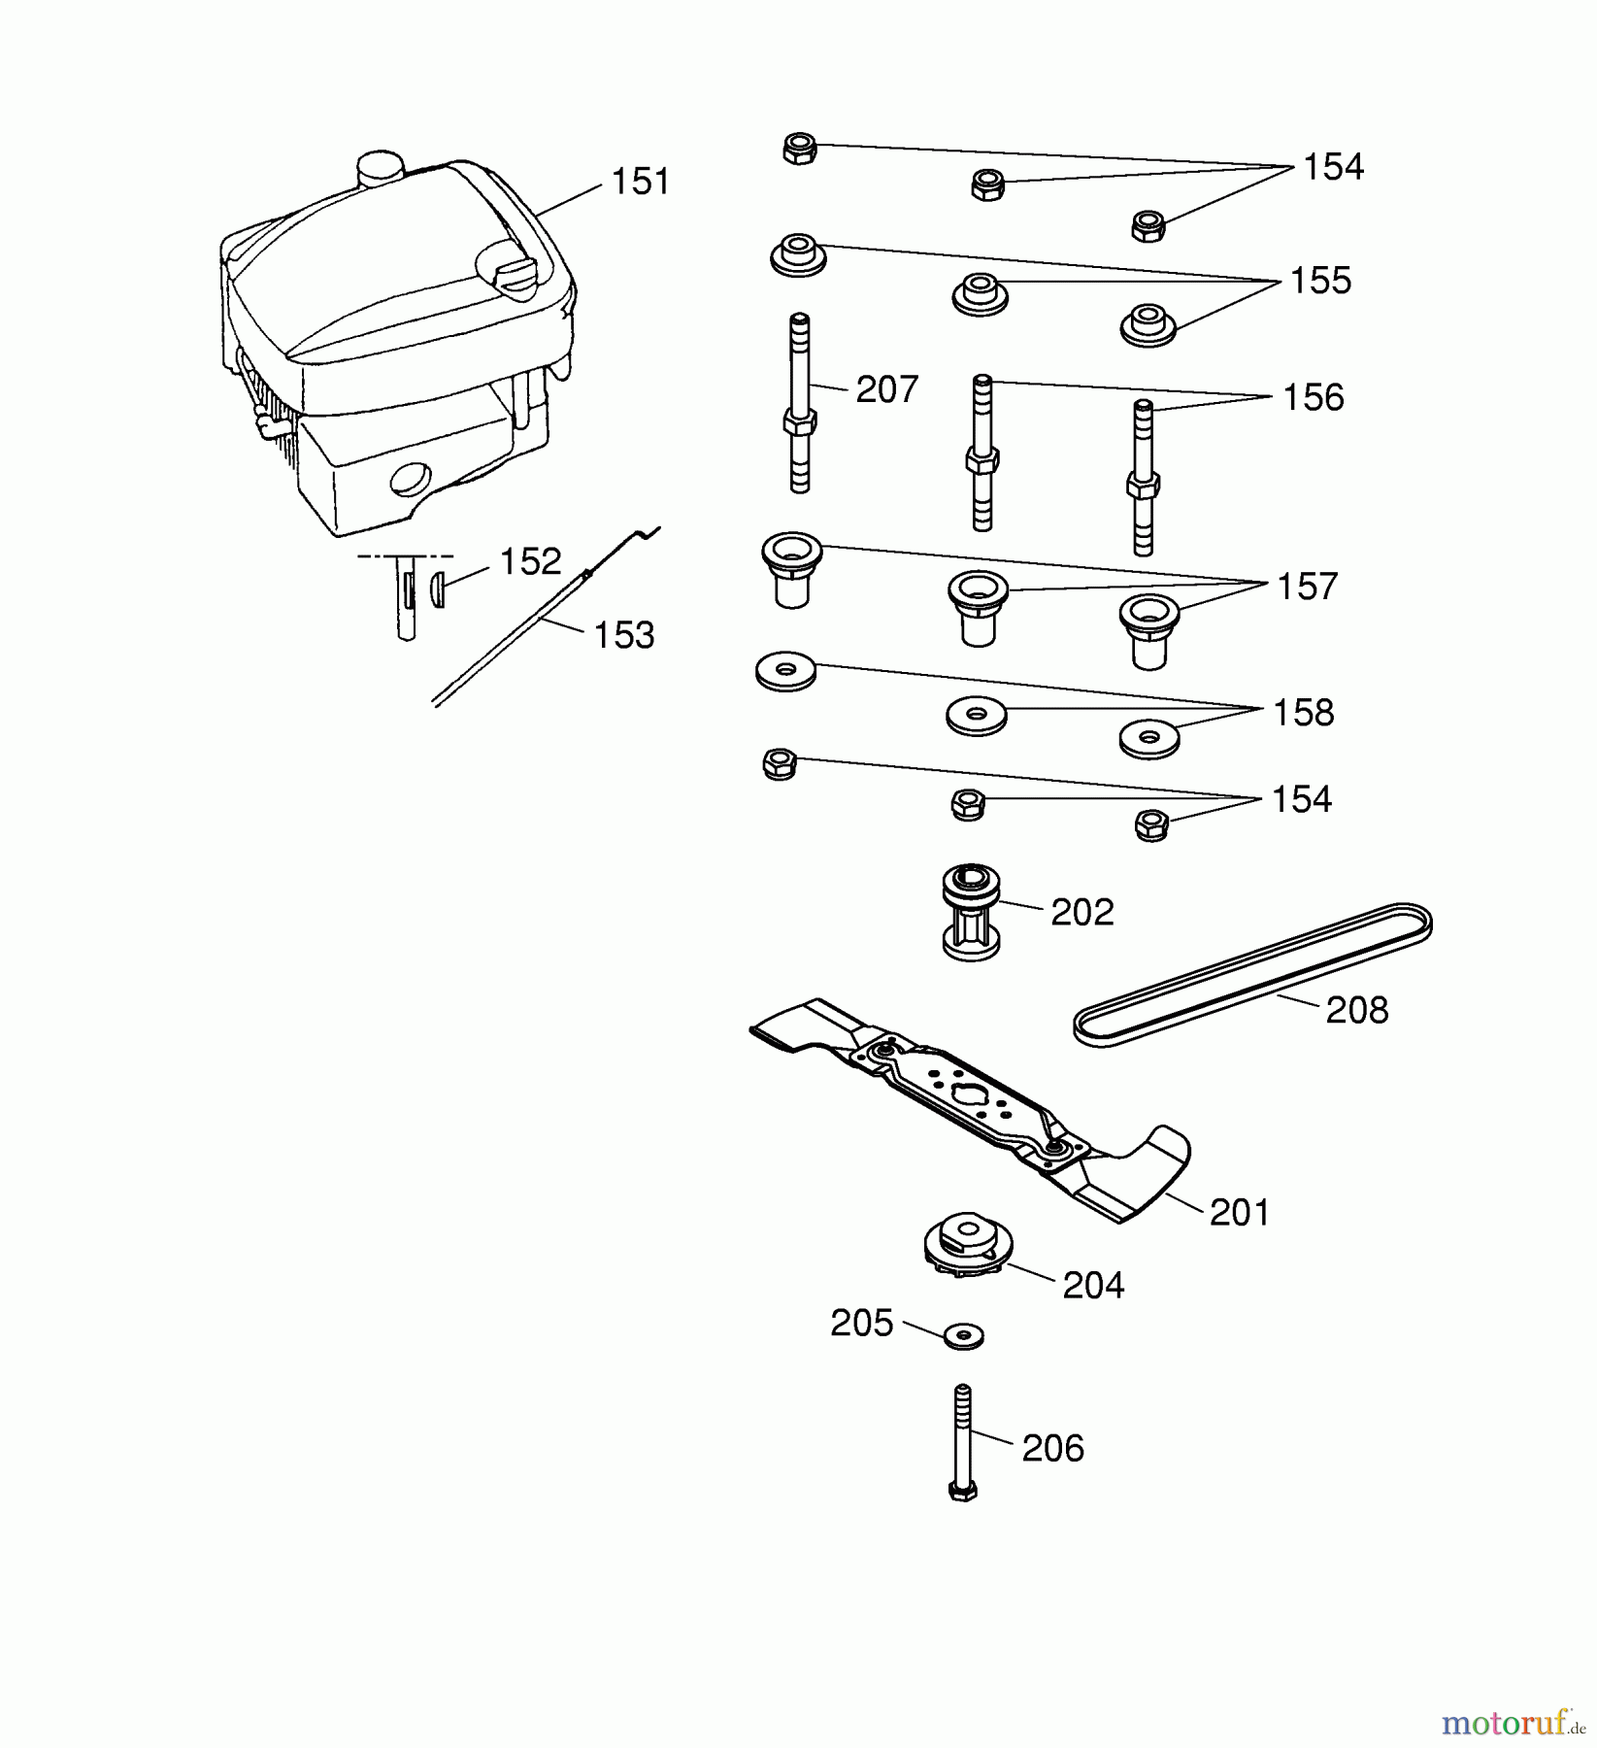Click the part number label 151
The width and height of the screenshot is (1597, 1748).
coord(640,183)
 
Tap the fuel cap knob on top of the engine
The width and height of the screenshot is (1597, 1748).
coord(380,169)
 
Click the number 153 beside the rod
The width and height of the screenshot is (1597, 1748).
coord(623,635)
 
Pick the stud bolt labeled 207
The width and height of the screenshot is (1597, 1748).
coord(799,404)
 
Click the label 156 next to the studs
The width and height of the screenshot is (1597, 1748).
coord(1313,397)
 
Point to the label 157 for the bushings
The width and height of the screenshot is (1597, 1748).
coord(1307,587)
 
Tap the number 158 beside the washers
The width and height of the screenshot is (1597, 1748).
coord(1303,713)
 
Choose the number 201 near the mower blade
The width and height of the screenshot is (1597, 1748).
coord(1239,1213)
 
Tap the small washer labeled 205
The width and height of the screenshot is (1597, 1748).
coord(963,1335)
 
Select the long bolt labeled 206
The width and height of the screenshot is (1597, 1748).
coord(963,1437)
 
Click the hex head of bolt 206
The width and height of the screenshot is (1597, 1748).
coord(962,1490)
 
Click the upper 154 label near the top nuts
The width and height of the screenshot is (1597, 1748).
coord(1332,167)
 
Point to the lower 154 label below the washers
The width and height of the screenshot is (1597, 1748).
coord(1301,799)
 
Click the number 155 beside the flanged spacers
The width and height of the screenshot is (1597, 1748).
coord(1320,281)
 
